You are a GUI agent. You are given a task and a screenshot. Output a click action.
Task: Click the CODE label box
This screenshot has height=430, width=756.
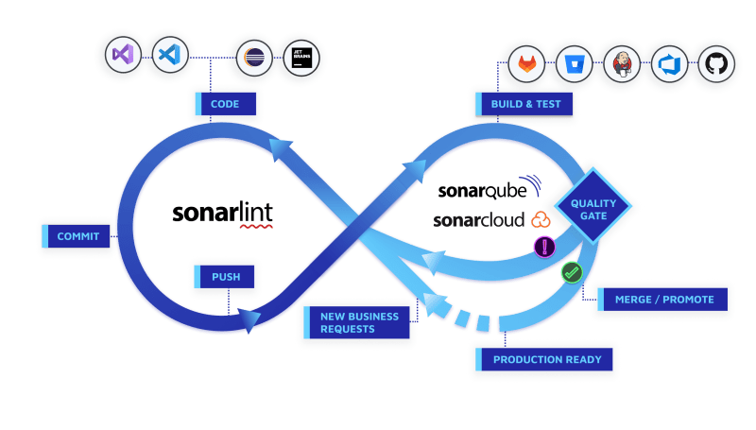[x=226, y=104]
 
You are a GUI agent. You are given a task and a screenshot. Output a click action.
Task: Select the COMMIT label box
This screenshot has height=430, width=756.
[x=76, y=236]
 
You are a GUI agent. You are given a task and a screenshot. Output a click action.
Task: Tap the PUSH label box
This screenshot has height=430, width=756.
[x=224, y=277]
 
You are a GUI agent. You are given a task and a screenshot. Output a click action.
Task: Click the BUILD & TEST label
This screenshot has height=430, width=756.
[x=524, y=104]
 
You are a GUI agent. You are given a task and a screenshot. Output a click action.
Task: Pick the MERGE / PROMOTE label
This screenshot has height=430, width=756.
[x=662, y=300]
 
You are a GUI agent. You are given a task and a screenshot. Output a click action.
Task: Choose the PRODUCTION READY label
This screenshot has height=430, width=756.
[x=544, y=359]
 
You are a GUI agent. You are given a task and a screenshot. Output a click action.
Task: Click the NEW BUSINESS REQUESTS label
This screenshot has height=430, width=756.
[x=357, y=322]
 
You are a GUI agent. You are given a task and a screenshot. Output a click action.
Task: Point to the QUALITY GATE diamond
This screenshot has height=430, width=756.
[x=593, y=206]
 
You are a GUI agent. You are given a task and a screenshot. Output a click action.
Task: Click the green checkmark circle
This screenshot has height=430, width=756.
[x=572, y=273]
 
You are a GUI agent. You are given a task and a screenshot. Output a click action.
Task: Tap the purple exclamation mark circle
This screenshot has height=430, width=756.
[x=545, y=248]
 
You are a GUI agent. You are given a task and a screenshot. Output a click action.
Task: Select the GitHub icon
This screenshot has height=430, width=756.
[x=716, y=64]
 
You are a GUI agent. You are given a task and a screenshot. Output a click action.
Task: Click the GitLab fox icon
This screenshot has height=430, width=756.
[x=527, y=64]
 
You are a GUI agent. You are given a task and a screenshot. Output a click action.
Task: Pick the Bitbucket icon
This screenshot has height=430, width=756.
[x=575, y=64]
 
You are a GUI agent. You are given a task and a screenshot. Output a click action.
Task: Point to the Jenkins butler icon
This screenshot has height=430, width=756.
[x=622, y=64]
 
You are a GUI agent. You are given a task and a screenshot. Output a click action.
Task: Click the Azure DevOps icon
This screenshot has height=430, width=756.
[x=669, y=64]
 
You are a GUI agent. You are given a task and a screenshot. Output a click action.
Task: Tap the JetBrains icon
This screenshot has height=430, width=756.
[x=301, y=58]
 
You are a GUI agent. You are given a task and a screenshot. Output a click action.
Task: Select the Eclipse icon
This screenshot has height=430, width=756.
[x=254, y=58]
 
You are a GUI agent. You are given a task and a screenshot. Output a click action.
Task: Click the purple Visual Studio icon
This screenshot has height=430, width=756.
[x=123, y=55]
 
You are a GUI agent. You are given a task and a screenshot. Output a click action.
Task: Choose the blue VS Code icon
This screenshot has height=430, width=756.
[x=170, y=55]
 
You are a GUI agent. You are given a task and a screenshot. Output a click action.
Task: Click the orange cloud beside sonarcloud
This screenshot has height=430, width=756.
[x=541, y=220]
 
